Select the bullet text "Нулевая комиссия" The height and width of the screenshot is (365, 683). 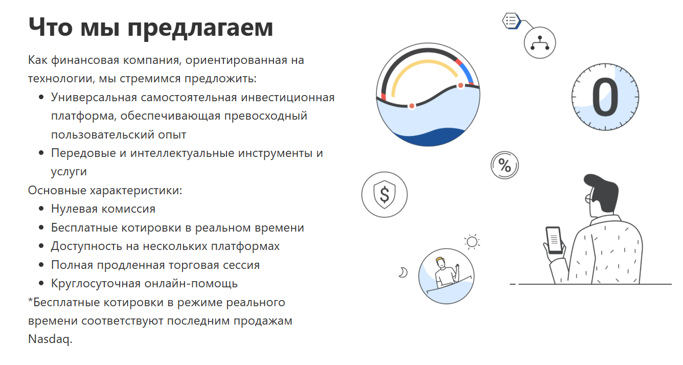[103, 209]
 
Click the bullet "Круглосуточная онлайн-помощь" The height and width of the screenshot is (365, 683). [144, 284]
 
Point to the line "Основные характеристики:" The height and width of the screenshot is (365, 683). [105, 190]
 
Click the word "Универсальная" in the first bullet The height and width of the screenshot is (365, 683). [94, 98]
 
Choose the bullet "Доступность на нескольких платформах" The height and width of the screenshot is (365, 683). [165, 246]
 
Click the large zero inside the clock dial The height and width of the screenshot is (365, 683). [605, 97]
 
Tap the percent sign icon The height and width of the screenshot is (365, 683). [505, 165]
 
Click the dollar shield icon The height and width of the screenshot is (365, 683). [384, 195]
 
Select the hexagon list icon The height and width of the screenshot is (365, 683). [511, 21]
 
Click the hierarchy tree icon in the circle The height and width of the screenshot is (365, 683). [540, 43]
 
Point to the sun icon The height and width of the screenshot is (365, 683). [472, 242]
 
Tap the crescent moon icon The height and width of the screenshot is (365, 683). [403, 272]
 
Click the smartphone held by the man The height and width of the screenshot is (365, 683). [554, 240]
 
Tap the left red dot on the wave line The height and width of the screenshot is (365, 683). [412, 106]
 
